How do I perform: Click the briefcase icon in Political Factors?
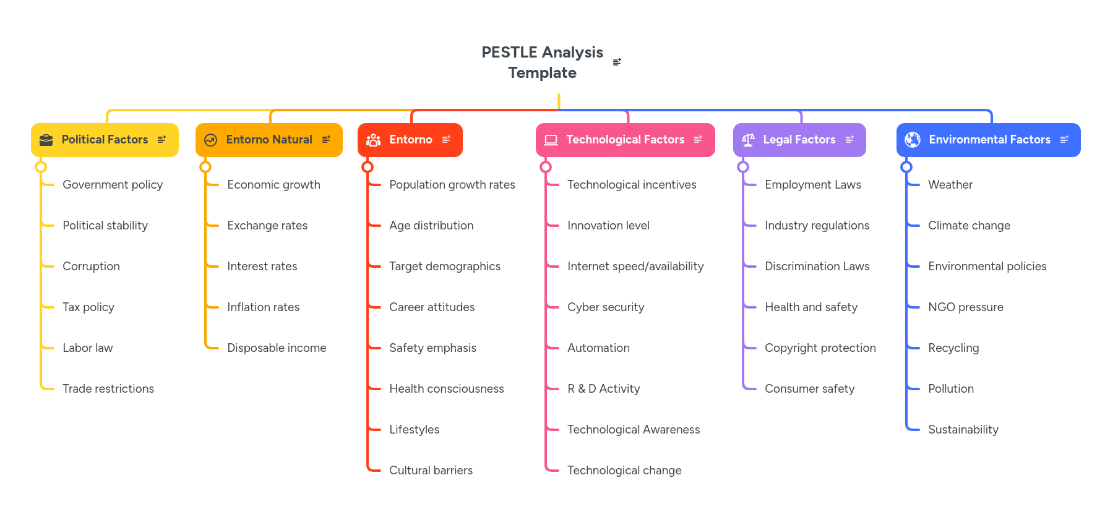point(46,140)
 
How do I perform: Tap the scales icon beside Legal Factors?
point(748,140)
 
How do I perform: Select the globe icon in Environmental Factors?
point(913,140)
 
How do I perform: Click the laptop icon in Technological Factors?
point(551,140)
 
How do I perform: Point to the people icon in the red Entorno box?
point(373,140)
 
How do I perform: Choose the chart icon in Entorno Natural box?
point(210,140)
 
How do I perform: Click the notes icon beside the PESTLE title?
point(617,62)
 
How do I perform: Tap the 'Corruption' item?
point(91,267)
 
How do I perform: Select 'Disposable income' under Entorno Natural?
point(277,348)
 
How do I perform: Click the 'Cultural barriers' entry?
point(431,471)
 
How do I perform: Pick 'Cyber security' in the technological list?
point(606,307)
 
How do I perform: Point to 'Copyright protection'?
point(820,348)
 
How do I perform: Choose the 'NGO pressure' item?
point(965,307)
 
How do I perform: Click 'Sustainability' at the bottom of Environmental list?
point(963,430)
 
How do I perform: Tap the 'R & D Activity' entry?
point(603,389)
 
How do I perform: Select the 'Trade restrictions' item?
point(108,389)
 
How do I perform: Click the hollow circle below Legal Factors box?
point(743,167)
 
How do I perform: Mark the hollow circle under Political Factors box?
point(41,167)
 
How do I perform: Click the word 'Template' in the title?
point(542,73)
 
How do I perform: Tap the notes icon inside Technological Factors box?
point(698,140)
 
